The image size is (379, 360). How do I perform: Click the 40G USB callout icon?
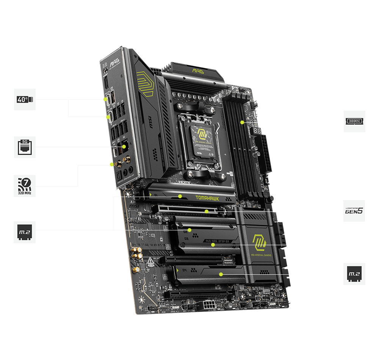tap(25, 99)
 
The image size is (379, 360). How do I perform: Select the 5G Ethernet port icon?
tap(25, 147)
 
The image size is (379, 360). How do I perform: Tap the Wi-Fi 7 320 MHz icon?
tap(25, 186)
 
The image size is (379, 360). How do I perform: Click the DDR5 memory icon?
tap(354, 121)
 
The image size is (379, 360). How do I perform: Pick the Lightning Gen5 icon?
tap(354, 211)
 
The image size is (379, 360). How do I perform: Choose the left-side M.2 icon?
tap(25, 232)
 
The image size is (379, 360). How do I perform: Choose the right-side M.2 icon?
tap(354, 274)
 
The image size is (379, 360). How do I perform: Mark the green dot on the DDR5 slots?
tap(242, 122)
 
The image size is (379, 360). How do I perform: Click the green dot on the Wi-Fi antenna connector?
tap(111, 164)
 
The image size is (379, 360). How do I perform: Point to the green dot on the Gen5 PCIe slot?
tap(206, 211)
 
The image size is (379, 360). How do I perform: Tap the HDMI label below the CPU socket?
tap(184, 182)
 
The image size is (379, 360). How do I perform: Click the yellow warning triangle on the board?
tap(151, 260)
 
